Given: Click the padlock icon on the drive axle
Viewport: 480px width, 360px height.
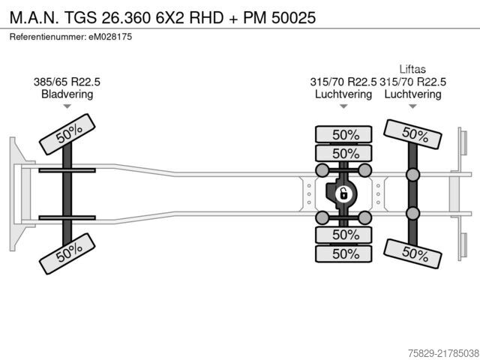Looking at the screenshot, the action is pyautogui.click(x=343, y=194).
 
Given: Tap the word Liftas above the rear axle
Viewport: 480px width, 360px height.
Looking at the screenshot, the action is pyautogui.click(x=412, y=69).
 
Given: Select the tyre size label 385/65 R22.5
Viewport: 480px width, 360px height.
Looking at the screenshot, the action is pyautogui.click(x=67, y=82).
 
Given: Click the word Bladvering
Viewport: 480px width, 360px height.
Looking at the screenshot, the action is pyautogui.click(x=67, y=94).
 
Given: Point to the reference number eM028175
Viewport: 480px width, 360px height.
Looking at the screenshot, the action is pyautogui.click(x=110, y=37).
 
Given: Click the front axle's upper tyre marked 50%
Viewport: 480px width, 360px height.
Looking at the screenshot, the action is pyautogui.click(x=67, y=134).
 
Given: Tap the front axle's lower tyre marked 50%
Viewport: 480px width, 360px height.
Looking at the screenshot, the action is pyautogui.click(x=67, y=253).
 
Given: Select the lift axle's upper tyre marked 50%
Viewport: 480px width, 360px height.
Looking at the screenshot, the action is pyautogui.click(x=412, y=134).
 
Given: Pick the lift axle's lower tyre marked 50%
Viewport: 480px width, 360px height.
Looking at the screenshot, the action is pyautogui.click(x=412, y=253).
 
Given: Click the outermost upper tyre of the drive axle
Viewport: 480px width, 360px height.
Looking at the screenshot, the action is pyautogui.click(x=343, y=134).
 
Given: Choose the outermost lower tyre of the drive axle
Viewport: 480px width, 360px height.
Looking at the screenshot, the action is pyautogui.click(x=343, y=253).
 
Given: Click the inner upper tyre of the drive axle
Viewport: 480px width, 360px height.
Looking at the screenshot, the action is pyautogui.click(x=343, y=153).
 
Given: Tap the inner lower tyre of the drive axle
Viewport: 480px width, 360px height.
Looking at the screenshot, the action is pyautogui.click(x=343, y=235).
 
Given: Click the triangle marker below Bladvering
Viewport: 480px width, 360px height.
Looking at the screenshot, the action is pyautogui.click(x=67, y=106).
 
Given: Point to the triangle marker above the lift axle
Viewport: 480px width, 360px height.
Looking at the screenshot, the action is pyautogui.click(x=412, y=106).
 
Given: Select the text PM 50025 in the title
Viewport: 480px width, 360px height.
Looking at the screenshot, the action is pyautogui.click(x=279, y=17).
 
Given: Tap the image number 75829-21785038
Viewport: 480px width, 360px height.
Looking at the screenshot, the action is pyautogui.click(x=443, y=353).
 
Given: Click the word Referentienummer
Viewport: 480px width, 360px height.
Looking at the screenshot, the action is pyautogui.click(x=48, y=37).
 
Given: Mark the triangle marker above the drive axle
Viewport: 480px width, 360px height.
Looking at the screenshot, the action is pyautogui.click(x=343, y=106).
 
